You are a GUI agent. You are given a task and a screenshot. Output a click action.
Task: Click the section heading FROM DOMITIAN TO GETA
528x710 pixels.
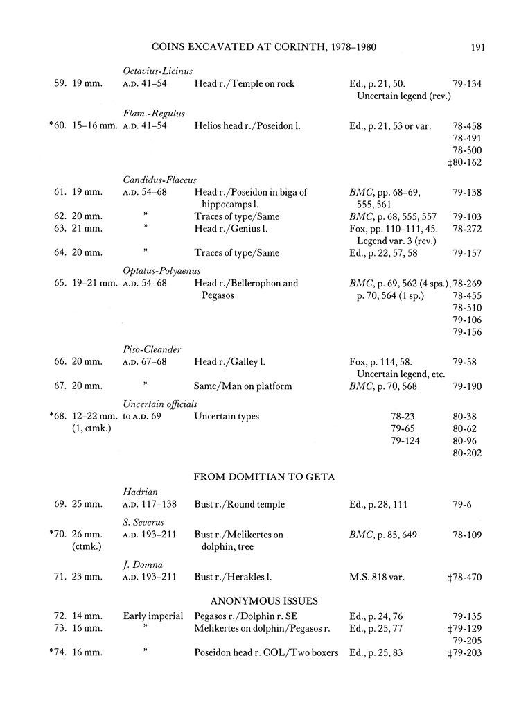pos(263,476)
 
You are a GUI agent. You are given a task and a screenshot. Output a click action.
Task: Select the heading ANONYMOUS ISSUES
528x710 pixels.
pos(263,600)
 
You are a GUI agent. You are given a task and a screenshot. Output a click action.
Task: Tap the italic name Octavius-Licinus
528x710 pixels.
pos(157,71)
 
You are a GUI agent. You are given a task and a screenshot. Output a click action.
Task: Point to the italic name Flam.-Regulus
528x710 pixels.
pos(154,114)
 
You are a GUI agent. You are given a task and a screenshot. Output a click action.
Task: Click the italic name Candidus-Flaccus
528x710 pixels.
pos(159,180)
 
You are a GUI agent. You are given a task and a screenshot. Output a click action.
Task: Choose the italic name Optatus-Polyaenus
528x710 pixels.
pos(161,270)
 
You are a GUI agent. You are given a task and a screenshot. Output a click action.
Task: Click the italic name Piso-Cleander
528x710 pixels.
pos(152,349)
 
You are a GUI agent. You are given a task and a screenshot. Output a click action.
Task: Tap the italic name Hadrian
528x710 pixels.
pos(139,492)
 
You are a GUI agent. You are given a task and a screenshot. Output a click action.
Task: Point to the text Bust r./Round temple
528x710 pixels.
pos(239,504)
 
